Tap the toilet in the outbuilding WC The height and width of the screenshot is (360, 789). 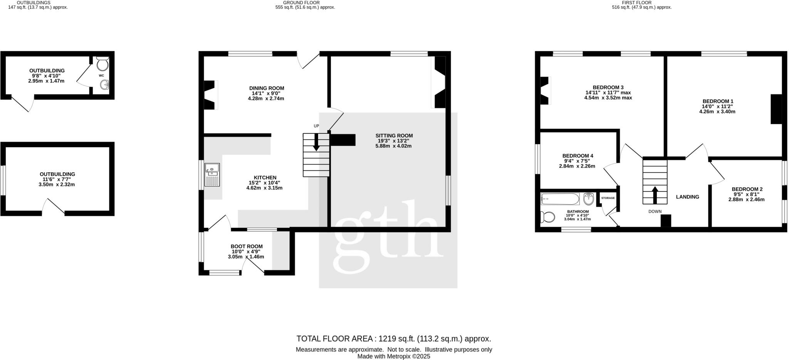pyautogui.click(x=102, y=63)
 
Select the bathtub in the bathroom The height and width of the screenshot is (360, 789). pyautogui.click(x=560, y=199)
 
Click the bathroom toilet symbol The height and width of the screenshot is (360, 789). pyautogui.click(x=547, y=217)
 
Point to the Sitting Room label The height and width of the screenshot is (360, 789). pyautogui.click(x=394, y=136)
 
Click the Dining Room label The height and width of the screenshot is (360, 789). pyautogui.click(x=267, y=88)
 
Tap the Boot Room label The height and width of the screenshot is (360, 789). pyautogui.click(x=247, y=246)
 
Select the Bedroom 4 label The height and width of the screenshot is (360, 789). pyautogui.click(x=577, y=156)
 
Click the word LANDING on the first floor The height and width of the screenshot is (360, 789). pyautogui.click(x=687, y=197)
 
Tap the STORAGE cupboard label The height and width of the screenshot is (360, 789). pyautogui.click(x=608, y=198)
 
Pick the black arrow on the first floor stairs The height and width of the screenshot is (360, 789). pyautogui.click(x=655, y=194)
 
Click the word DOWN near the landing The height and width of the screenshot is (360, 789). pyautogui.click(x=655, y=212)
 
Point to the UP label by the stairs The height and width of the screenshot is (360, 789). pyautogui.click(x=316, y=126)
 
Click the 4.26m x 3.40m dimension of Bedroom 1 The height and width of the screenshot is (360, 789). pyautogui.click(x=717, y=112)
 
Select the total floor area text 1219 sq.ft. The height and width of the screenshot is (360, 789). pyautogui.click(x=397, y=339)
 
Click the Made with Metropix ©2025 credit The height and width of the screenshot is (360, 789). pyautogui.click(x=393, y=357)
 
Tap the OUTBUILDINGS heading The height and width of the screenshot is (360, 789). pyautogui.click(x=34, y=2)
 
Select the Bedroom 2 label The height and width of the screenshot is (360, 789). pyautogui.click(x=747, y=189)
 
